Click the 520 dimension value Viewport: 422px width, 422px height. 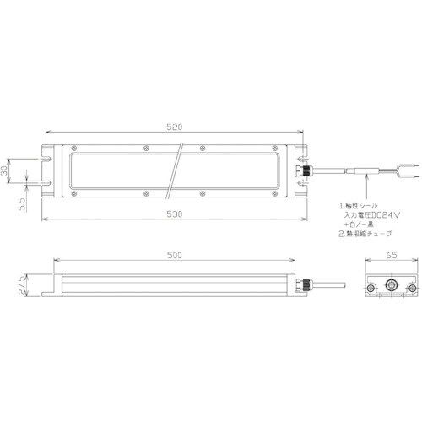click(174, 127)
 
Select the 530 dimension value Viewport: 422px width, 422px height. click(174, 216)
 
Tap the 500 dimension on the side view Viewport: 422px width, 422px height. click(174, 254)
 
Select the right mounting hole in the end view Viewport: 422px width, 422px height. click(410, 288)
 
